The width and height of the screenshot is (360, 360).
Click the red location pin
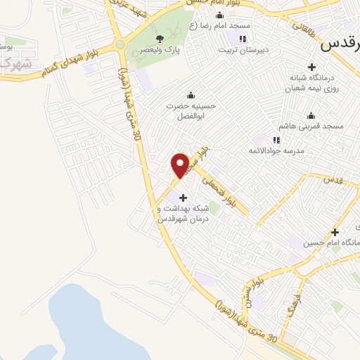click(180, 165)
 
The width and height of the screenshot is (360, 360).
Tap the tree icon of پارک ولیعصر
click(160, 38)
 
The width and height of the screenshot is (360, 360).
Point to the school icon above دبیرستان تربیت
click(243, 39)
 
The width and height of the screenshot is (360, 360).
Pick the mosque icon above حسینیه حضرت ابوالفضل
click(190, 95)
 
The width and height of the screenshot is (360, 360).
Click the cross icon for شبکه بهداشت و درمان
click(184, 198)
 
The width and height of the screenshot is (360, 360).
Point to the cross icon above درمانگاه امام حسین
click(335, 232)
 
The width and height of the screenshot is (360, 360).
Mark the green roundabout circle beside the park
click(120, 44)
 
